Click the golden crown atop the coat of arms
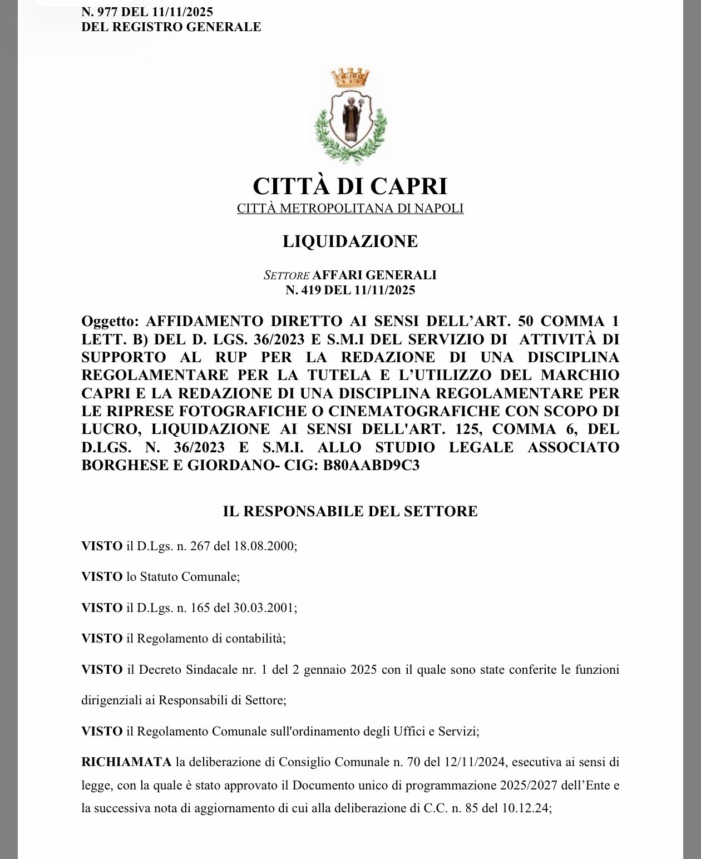click(x=350, y=78)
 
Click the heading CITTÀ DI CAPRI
click(x=350, y=186)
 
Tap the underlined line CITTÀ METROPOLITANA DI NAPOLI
click(x=350, y=209)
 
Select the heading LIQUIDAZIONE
click(x=350, y=241)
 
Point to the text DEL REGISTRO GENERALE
click(x=171, y=27)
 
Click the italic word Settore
click(x=286, y=275)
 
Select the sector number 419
click(x=310, y=290)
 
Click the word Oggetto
click(x=109, y=321)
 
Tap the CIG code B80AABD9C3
click(x=371, y=466)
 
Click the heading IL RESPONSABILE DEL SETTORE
click(x=350, y=512)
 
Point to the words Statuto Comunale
click(x=189, y=576)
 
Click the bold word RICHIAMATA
click(x=126, y=762)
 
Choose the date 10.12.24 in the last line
click(x=526, y=808)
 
